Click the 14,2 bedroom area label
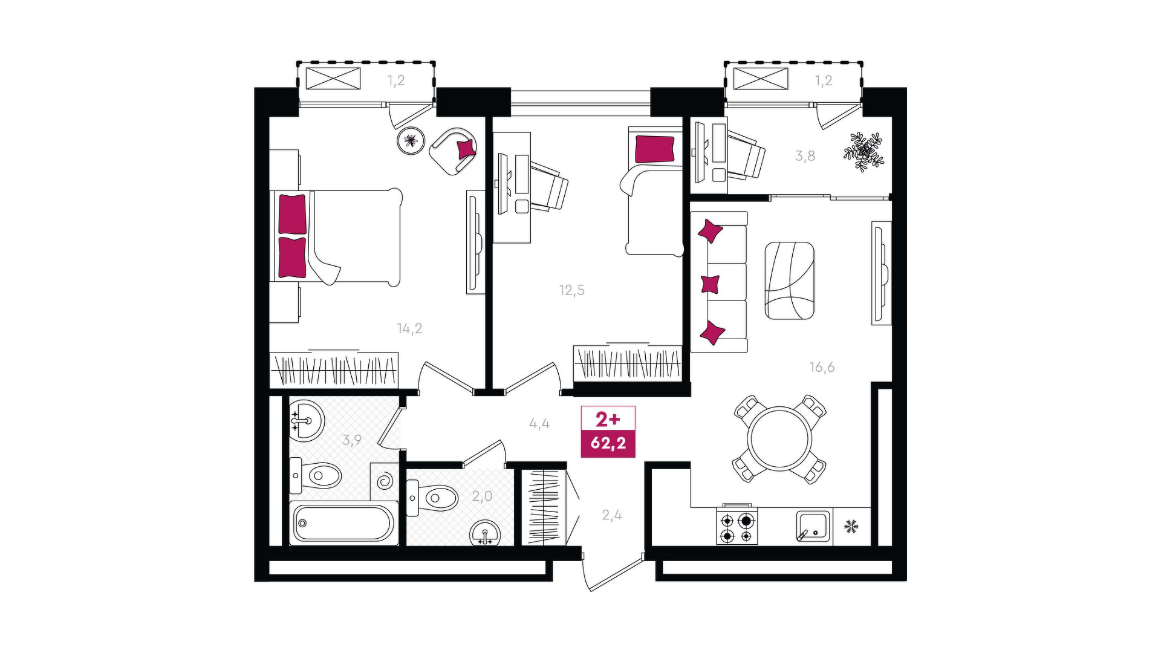pyautogui.click(x=409, y=329)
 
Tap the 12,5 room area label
pyautogui.click(x=571, y=290)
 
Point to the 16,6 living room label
pyautogui.click(x=822, y=367)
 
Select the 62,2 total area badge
pyautogui.click(x=608, y=443)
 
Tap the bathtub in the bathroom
pyautogui.click(x=343, y=523)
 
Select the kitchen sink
pyautogui.click(x=813, y=525)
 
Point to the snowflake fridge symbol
pyautogui.click(x=851, y=526)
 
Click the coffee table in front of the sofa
pyautogui.click(x=789, y=281)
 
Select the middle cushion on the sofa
pyautogui.click(x=710, y=284)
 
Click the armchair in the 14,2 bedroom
pyautogui.click(x=454, y=151)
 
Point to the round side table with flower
pyautogui.click(x=411, y=141)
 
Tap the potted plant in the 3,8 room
pyautogui.click(x=864, y=152)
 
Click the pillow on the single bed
pyautogui.click(x=654, y=149)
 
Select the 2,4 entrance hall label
pyautogui.click(x=611, y=515)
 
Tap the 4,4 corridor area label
pyautogui.click(x=539, y=423)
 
